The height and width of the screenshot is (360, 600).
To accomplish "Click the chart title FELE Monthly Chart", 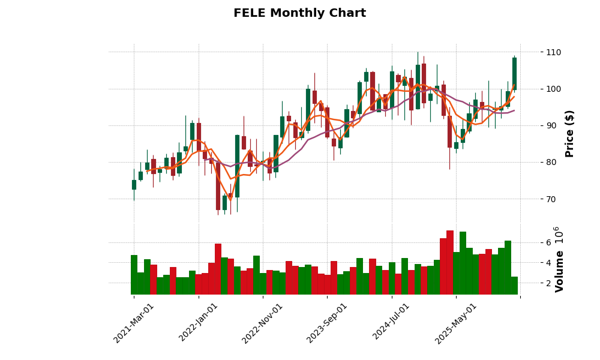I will point(299,13).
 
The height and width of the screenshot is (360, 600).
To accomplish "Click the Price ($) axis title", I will point(569,133).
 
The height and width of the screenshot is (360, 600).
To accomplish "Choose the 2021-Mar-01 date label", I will point(133,323).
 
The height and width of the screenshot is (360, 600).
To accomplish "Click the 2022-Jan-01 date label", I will point(198,323).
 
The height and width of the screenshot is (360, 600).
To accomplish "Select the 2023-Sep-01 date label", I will point(326,323).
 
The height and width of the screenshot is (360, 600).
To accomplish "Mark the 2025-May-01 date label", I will point(455,323).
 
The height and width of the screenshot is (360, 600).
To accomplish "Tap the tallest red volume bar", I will point(450,262).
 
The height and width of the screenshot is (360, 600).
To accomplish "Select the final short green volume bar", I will point(514,285).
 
